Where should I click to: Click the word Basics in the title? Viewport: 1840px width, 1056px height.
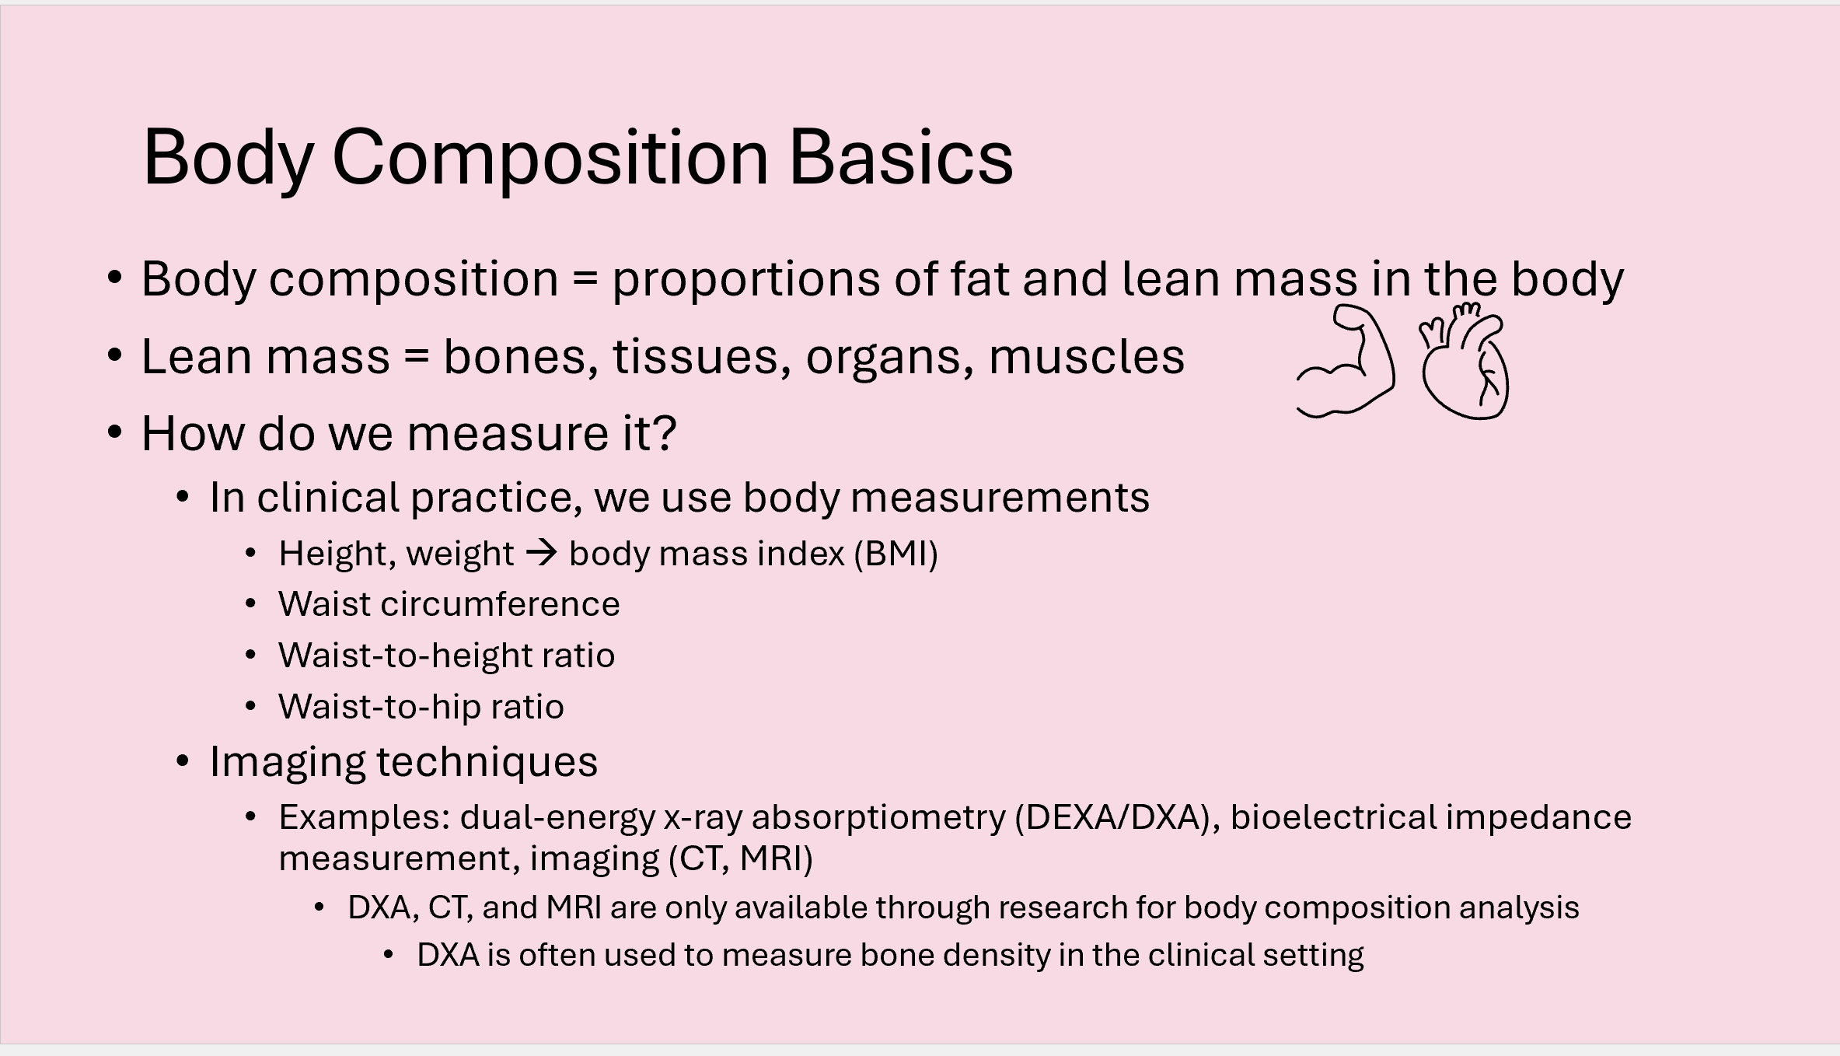click(901, 157)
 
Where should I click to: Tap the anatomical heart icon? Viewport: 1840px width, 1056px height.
click(1465, 361)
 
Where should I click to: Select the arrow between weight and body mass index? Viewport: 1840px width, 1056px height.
click(542, 554)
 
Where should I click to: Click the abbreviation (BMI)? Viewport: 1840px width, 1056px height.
click(896, 554)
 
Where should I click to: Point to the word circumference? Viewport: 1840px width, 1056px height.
click(500, 604)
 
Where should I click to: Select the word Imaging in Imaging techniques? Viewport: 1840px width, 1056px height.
click(288, 762)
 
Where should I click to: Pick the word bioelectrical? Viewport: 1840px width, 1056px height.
click(1334, 817)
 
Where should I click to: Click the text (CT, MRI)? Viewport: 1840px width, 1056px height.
click(741, 858)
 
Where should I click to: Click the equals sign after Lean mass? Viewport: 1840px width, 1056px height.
click(417, 357)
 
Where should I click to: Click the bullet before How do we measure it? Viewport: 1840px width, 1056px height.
click(115, 432)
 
